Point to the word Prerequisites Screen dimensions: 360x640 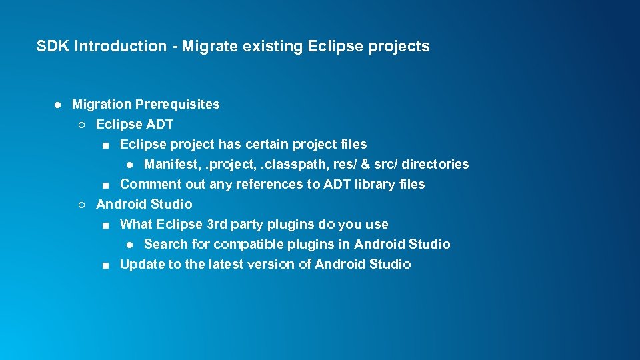coord(177,104)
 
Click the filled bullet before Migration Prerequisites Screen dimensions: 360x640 coord(58,105)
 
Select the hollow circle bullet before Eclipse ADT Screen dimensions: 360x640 coord(81,125)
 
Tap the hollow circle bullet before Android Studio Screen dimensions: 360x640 coord(81,205)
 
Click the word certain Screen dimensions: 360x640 coord(267,144)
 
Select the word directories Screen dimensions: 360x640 coord(436,164)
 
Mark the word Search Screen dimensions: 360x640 coord(164,244)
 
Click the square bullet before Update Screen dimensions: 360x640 coord(106,265)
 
